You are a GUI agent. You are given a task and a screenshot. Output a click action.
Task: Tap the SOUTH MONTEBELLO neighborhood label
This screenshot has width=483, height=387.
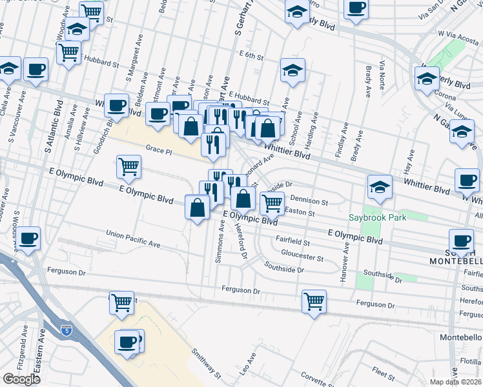(x=456, y=255)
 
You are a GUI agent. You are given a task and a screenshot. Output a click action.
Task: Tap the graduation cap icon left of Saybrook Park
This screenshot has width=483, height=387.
(x=380, y=187)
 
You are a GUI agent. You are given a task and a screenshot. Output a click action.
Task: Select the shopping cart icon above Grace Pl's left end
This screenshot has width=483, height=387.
(x=128, y=166)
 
